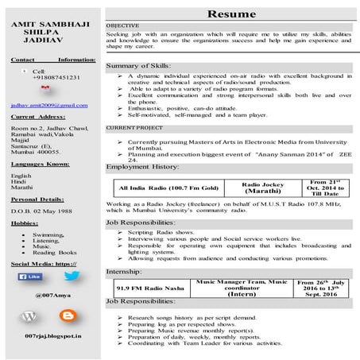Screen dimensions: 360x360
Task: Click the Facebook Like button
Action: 29,277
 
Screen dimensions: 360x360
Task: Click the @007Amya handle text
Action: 49,295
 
